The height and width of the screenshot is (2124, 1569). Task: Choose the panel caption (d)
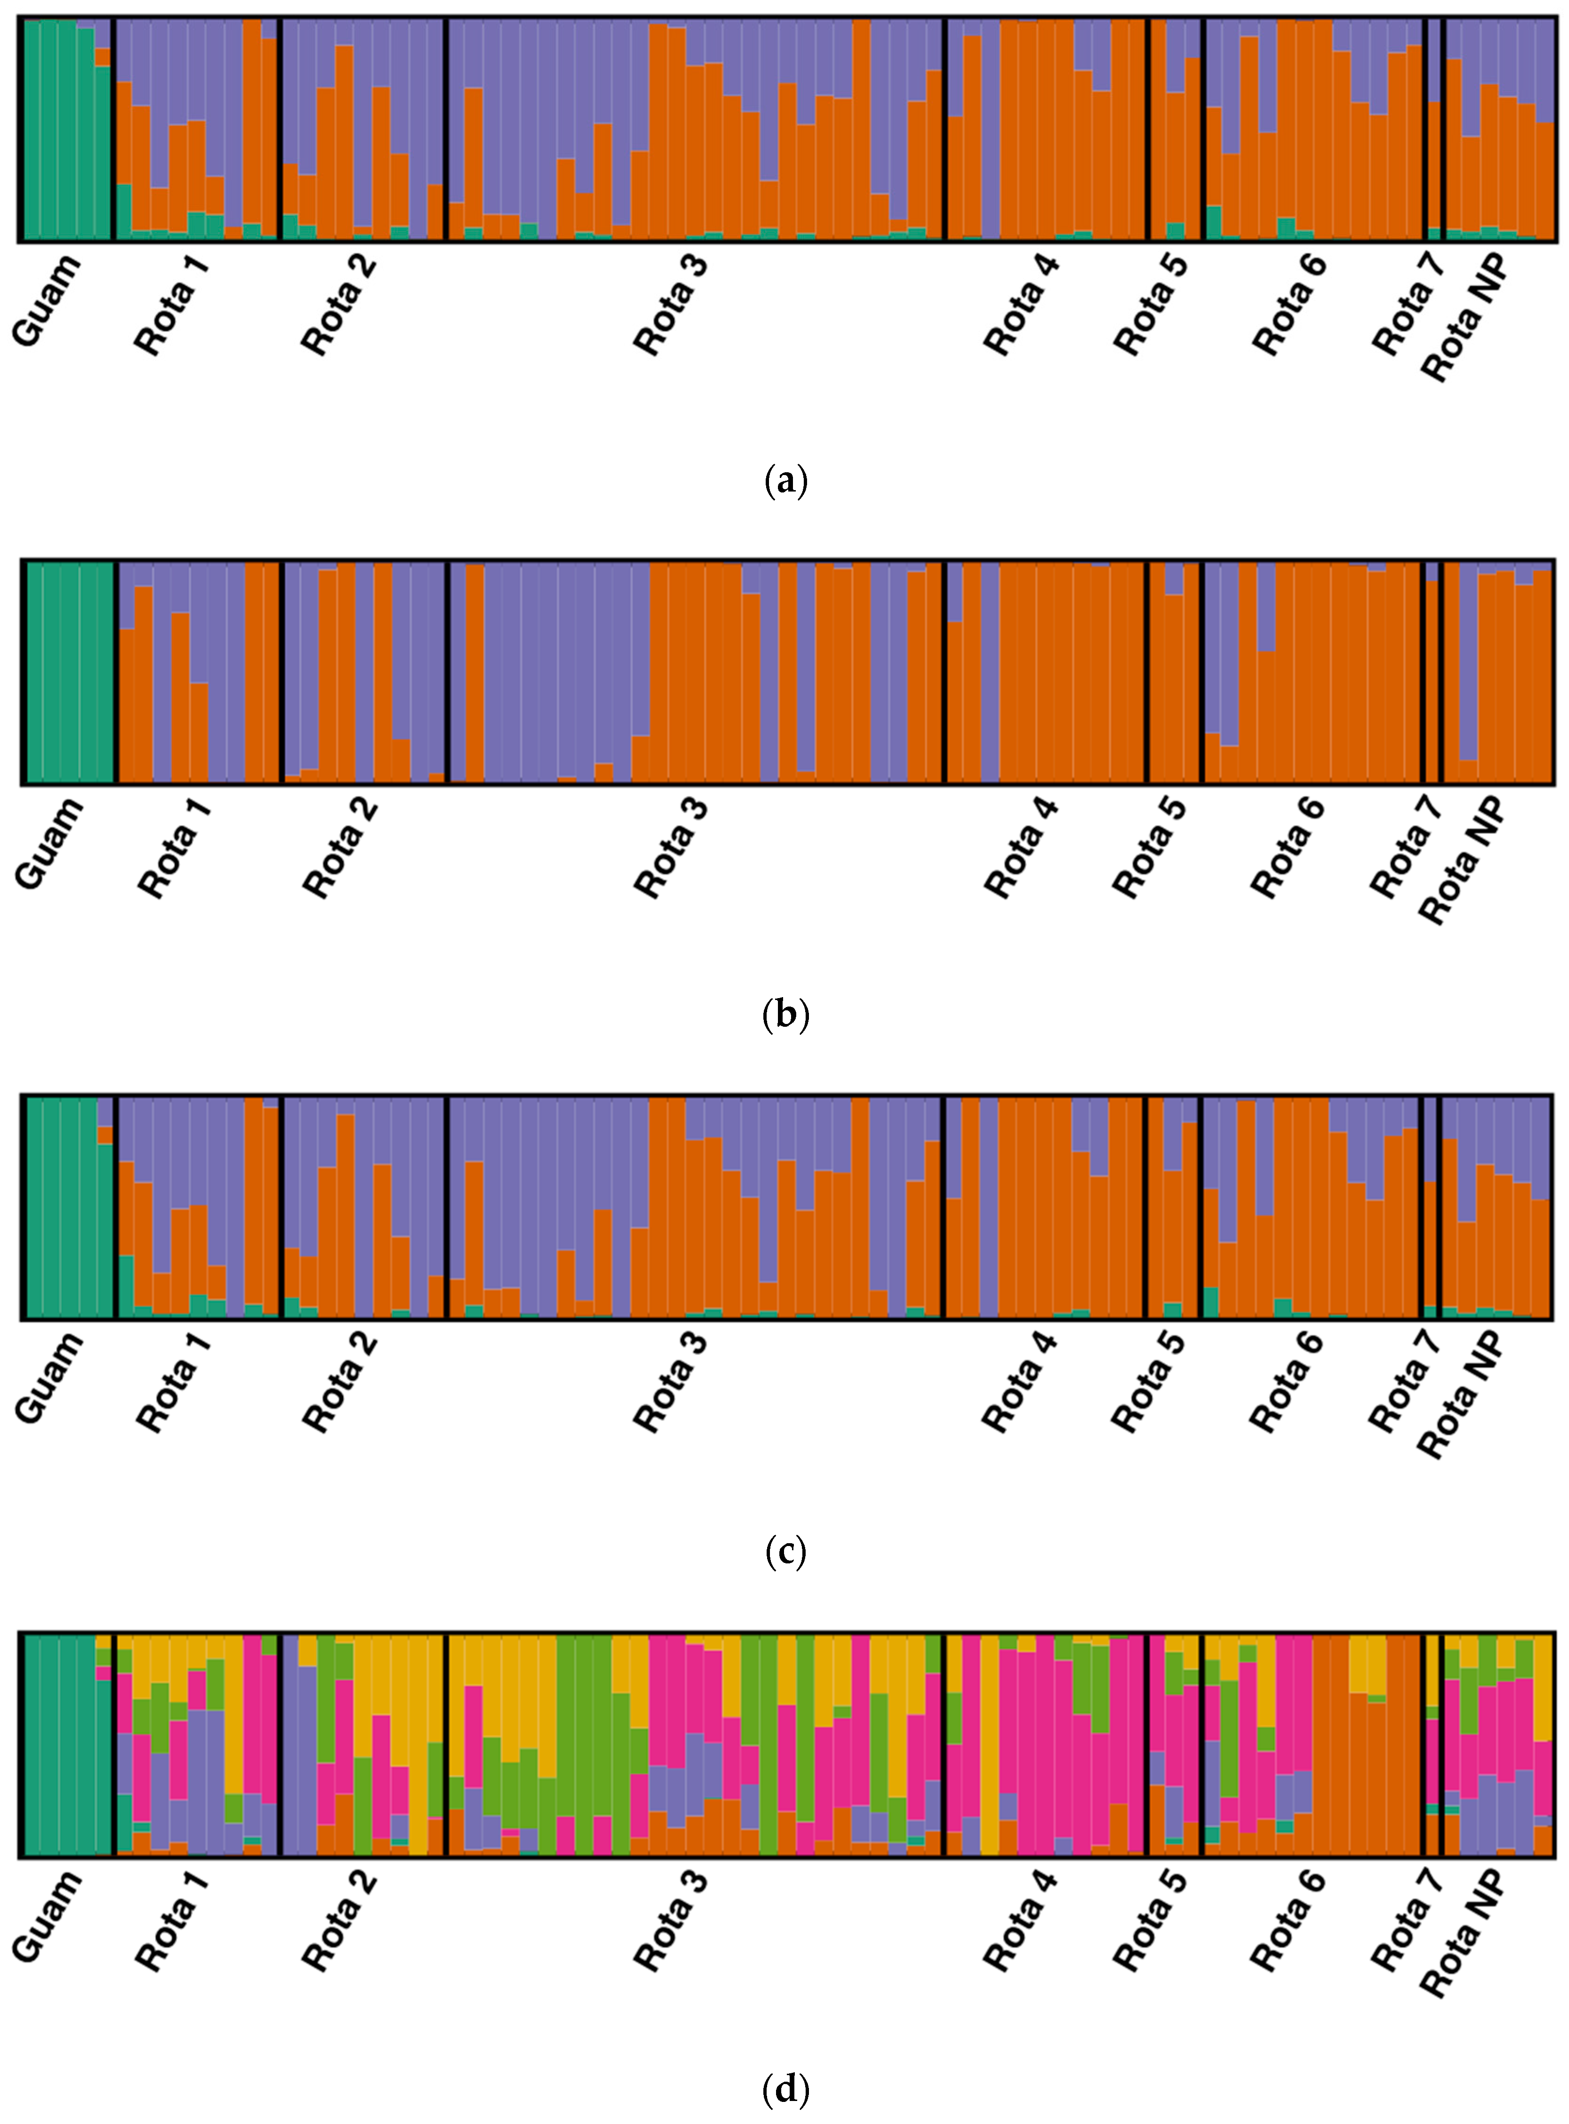(785, 2089)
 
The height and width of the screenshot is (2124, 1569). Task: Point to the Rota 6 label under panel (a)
(1289, 304)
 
